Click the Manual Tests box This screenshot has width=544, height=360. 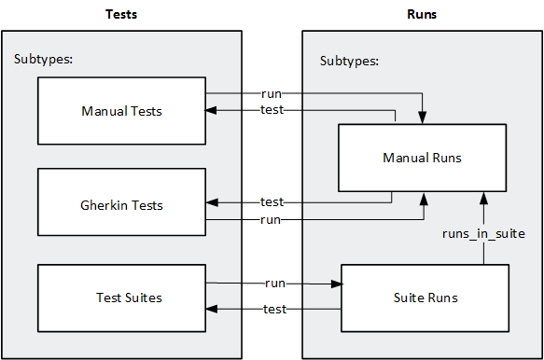(121, 111)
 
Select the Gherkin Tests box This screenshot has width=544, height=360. (121, 202)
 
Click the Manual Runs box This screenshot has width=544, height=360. (422, 158)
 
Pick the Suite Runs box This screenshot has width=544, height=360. (425, 298)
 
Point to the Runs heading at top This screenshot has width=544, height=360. (422, 14)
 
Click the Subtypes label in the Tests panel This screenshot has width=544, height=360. (44, 60)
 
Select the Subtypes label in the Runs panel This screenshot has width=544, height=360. (349, 61)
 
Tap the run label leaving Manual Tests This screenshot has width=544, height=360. (272, 94)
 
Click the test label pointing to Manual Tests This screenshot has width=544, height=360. (272, 110)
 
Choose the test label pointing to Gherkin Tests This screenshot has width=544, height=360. (272, 202)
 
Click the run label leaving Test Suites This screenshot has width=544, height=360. (275, 282)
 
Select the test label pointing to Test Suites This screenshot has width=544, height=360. (275, 309)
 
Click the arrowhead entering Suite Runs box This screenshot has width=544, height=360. (336, 282)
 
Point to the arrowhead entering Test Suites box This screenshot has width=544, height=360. (212, 309)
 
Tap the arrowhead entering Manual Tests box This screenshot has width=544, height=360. (212, 110)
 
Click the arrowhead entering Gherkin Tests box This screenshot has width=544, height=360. (212, 202)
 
